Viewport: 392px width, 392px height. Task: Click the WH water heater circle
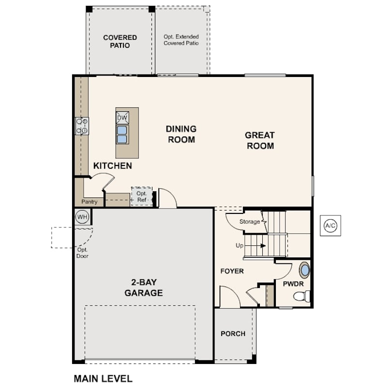pyautogui.click(x=82, y=216)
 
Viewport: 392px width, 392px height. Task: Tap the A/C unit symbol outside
pyautogui.click(x=330, y=226)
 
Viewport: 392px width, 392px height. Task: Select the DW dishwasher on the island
pyautogui.click(x=122, y=118)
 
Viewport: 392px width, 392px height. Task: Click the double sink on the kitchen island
pyautogui.click(x=122, y=135)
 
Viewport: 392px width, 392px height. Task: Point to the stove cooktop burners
pyautogui.click(x=82, y=126)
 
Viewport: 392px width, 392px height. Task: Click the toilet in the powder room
pyautogui.click(x=302, y=296)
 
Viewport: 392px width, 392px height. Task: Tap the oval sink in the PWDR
pyautogui.click(x=304, y=270)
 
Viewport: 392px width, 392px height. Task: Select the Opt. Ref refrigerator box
pyautogui.click(x=141, y=196)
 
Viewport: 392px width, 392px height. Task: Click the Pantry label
pyautogui.click(x=89, y=202)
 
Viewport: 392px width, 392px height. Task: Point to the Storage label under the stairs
pyautogui.click(x=250, y=222)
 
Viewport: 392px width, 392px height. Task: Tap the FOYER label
pyautogui.click(x=232, y=271)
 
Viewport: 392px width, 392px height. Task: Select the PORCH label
pyautogui.click(x=233, y=334)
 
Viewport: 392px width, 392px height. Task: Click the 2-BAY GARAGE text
pyautogui.click(x=144, y=287)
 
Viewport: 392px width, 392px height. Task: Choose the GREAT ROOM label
pyautogui.click(x=260, y=140)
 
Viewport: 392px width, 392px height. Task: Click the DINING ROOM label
pyautogui.click(x=181, y=134)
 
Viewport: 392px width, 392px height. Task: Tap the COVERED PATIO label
pyautogui.click(x=120, y=42)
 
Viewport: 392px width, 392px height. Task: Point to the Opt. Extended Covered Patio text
pyautogui.click(x=181, y=40)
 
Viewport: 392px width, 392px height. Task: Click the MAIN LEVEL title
pyautogui.click(x=103, y=379)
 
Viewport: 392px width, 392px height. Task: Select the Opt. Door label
pyautogui.click(x=82, y=253)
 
